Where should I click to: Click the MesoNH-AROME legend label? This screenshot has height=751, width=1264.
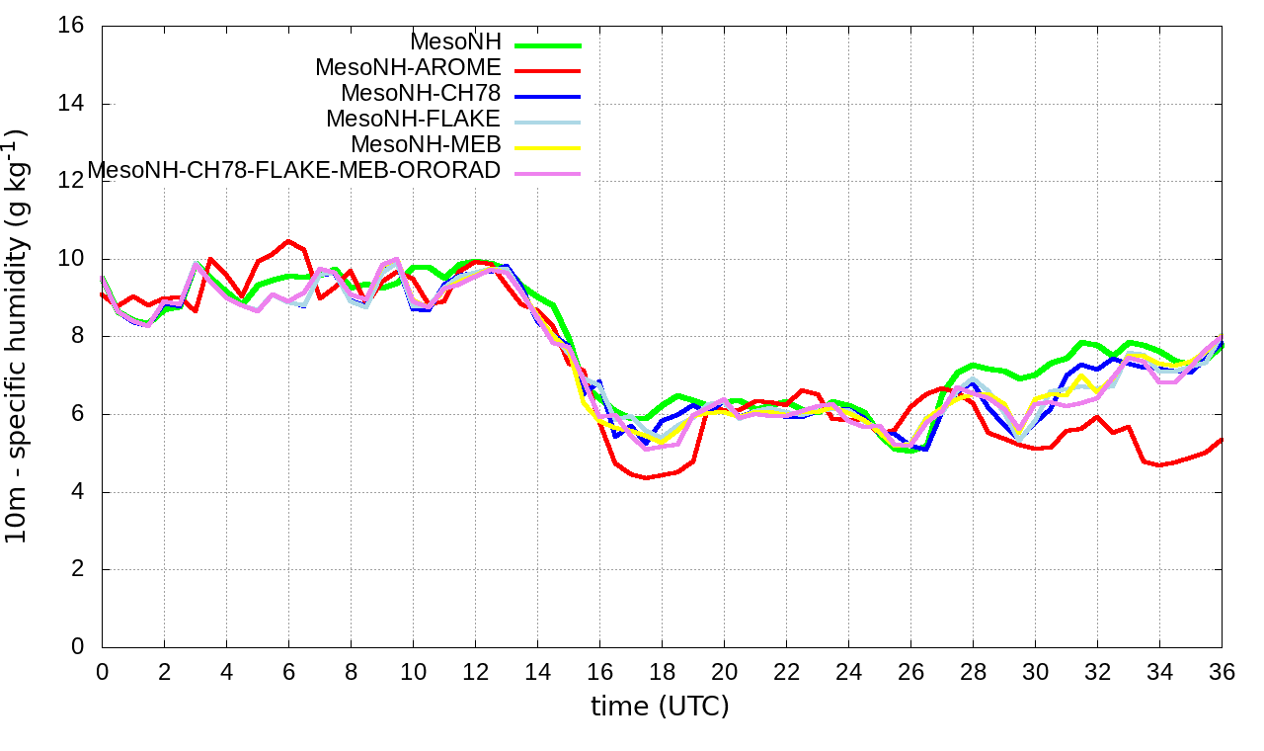click(408, 68)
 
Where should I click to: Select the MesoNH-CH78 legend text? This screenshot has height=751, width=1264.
click(421, 94)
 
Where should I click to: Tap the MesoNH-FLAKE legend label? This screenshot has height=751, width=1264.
click(414, 120)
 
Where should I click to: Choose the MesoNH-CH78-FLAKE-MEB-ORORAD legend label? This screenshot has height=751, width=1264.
click(294, 171)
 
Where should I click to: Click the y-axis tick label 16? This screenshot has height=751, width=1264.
click(71, 27)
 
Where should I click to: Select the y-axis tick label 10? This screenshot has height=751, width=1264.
click(71, 259)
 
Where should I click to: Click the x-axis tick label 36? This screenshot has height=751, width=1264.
click(1222, 672)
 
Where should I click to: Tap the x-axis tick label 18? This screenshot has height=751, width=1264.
click(662, 672)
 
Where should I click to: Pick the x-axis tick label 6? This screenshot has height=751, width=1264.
click(288, 672)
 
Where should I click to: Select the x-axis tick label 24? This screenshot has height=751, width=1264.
click(848, 672)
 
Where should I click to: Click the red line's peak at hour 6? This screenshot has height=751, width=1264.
click(288, 241)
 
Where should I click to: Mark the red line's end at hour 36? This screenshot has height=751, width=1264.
click(1222, 440)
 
